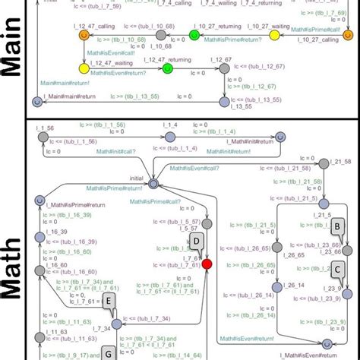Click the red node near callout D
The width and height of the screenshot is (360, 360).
point(207,264)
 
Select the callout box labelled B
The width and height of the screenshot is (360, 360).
point(339,226)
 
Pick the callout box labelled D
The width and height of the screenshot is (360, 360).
point(197,242)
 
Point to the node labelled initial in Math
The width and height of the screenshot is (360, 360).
point(153,183)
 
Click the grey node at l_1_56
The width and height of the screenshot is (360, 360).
point(51,137)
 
